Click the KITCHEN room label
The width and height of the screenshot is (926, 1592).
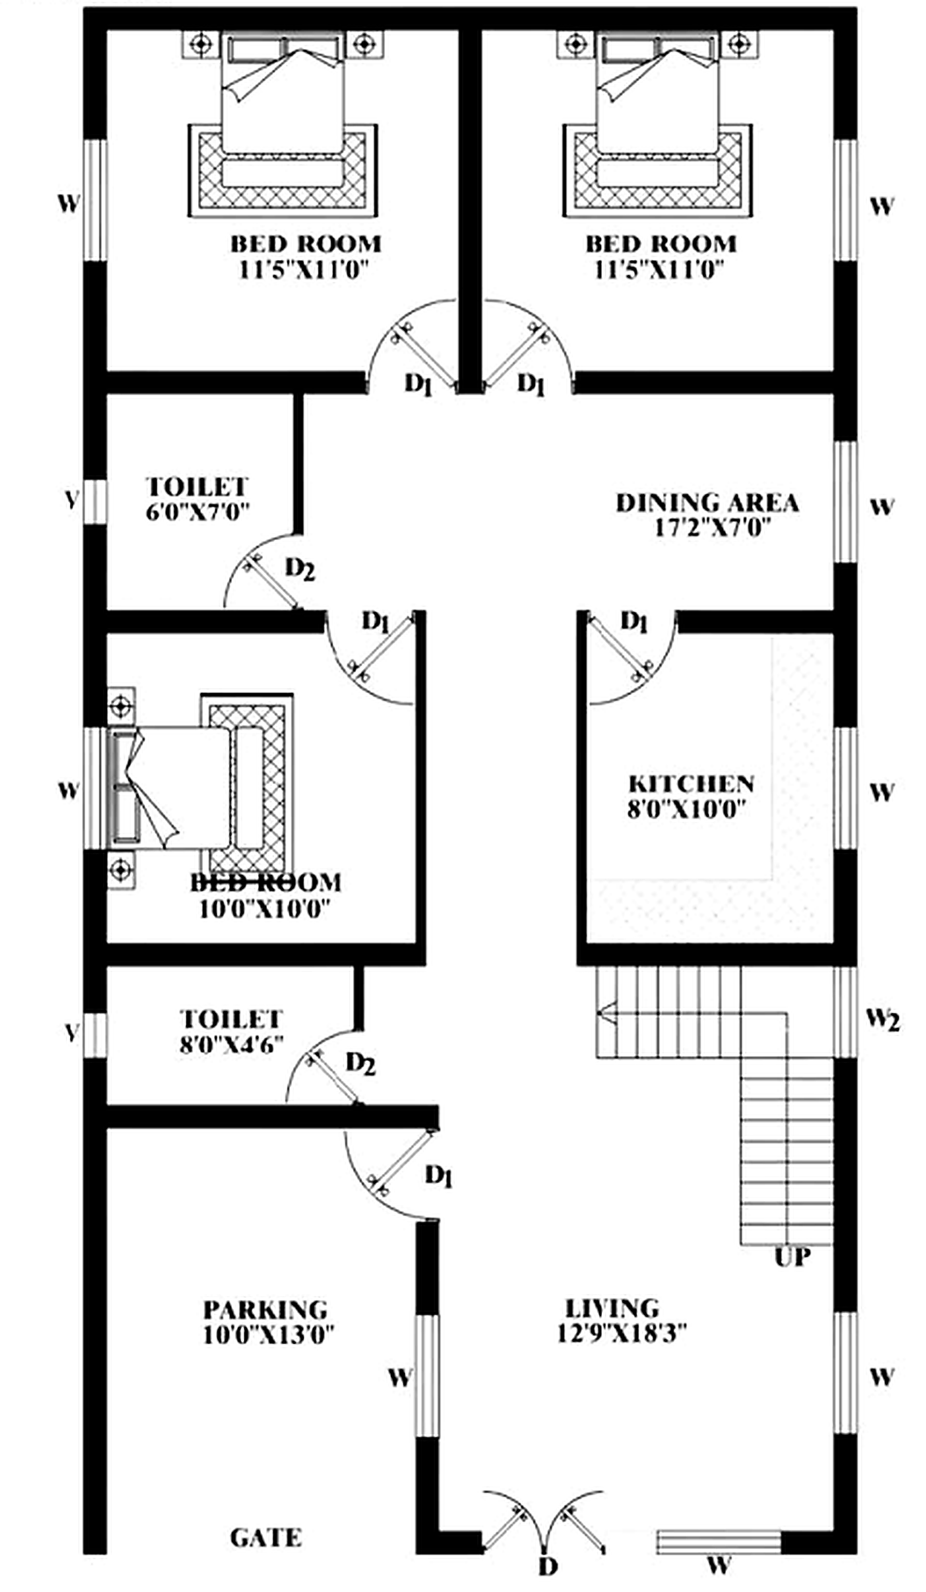pyautogui.click(x=690, y=784)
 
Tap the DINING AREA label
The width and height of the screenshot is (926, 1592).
pyautogui.click(x=707, y=503)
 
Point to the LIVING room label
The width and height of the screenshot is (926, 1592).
pyautogui.click(x=611, y=1307)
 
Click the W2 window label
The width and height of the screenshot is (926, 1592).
pyautogui.click(x=882, y=1019)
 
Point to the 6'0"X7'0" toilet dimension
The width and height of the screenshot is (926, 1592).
pyautogui.click(x=197, y=511)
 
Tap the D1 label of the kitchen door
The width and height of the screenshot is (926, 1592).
pyautogui.click(x=634, y=622)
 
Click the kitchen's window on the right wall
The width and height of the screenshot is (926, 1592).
pyautogui.click(x=845, y=788)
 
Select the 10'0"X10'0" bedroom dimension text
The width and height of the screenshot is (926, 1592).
pyautogui.click(x=265, y=909)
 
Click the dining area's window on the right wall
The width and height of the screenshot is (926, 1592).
pyautogui.click(x=845, y=500)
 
